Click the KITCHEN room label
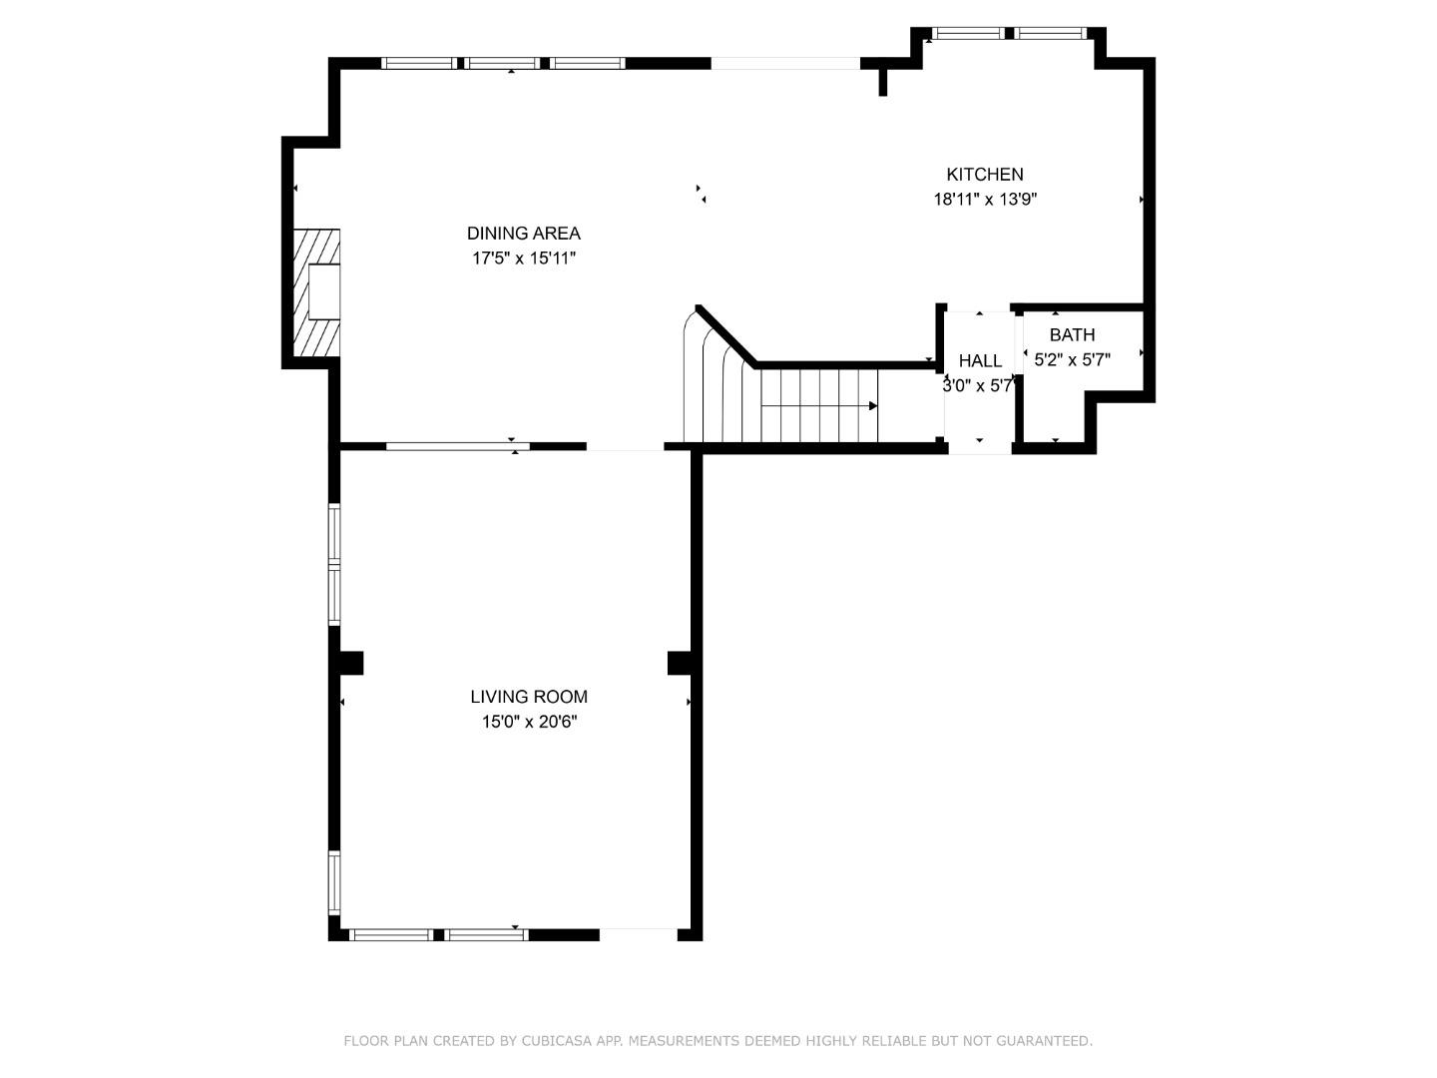[984, 175]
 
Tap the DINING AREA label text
[523, 234]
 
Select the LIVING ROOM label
[529, 697]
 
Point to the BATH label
[1072, 335]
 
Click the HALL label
[980, 361]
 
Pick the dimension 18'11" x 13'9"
[984, 200]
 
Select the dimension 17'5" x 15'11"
[524, 259]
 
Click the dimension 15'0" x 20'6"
[529, 722]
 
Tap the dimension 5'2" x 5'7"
[1072, 359]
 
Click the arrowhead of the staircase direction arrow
[873, 406]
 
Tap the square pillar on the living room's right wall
[680, 663]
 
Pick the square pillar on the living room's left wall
[349, 663]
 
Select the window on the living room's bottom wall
[438, 935]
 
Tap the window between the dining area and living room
[457, 446]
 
